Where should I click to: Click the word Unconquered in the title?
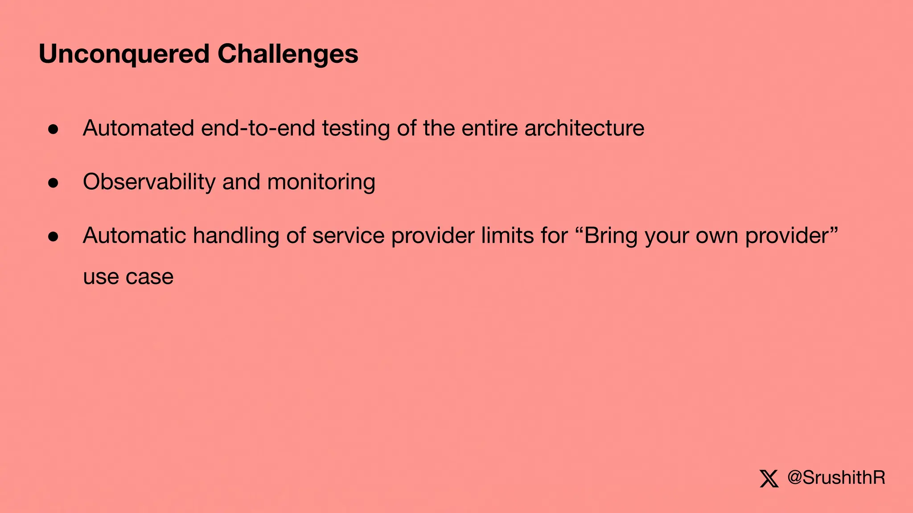pyautogui.click(x=124, y=54)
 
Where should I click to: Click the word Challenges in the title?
pyautogui.click(x=288, y=54)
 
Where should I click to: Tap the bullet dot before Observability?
pyautogui.click(x=53, y=183)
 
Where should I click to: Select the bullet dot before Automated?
pyautogui.click(x=53, y=129)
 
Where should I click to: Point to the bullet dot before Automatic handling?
pyautogui.click(x=53, y=236)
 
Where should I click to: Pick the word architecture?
pyautogui.click(x=584, y=128)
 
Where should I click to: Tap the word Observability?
pyautogui.click(x=149, y=182)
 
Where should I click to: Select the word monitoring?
pyautogui.click(x=321, y=182)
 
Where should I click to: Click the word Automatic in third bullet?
pyautogui.click(x=134, y=236)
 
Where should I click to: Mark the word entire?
pyautogui.click(x=489, y=128)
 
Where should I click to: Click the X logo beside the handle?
pyautogui.click(x=769, y=478)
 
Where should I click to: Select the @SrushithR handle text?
pyautogui.click(x=836, y=478)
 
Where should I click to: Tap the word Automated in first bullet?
pyautogui.click(x=138, y=128)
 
